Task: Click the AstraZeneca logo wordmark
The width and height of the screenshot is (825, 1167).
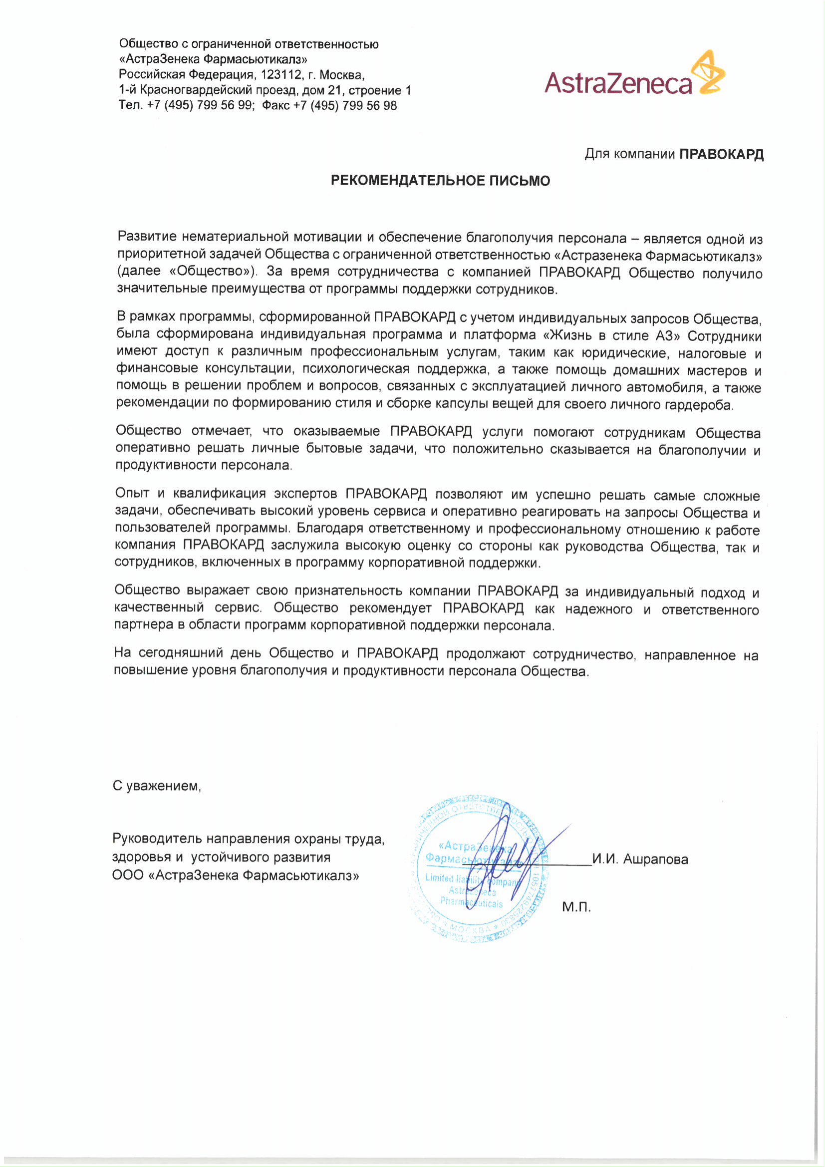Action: coord(617,83)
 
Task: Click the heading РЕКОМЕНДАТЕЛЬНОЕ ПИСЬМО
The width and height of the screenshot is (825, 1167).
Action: coord(440,181)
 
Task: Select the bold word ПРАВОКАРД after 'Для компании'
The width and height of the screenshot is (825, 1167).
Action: coord(721,155)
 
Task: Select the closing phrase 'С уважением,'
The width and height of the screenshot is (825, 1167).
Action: coord(157,786)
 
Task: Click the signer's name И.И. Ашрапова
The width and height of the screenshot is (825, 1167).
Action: coord(640,860)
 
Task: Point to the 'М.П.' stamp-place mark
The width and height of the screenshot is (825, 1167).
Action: coord(576,907)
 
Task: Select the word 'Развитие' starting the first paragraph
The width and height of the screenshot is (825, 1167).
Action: coord(147,237)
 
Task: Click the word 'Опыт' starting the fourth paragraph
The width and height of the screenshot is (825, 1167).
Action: coord(132,493)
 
